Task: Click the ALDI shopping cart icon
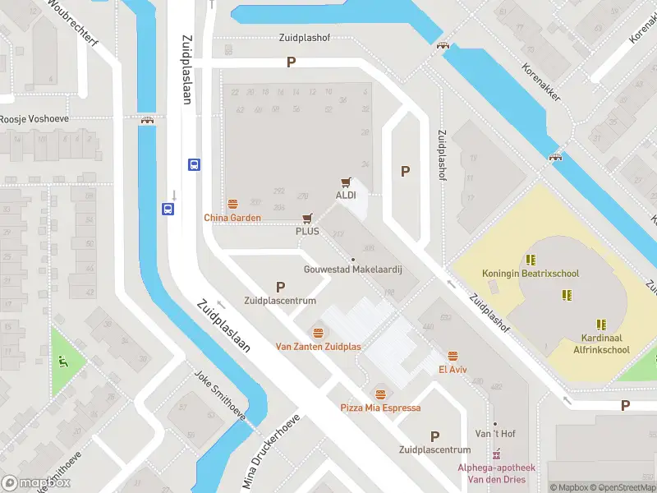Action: pyautogui.click(x=346, y=182)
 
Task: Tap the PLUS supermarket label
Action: pyautogui.click(x=307, y=231)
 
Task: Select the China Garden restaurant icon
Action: pyautogui.click(x=232, y=205)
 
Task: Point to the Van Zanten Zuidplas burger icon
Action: pyautogui.click(x=318, y=333)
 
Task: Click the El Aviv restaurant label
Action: pyautogui.click(x=452, y=369)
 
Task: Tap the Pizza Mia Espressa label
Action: pyautogui.click(x=380, y=408)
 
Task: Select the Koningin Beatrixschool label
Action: pyautogui.click(x=542, y=272)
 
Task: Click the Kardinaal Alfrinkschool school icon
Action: pyautogui.click(x=601, y=324)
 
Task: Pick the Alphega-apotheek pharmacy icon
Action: pyautogui.click(x=496, y=454)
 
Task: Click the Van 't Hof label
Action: pyautogui.click(x=495, y=433)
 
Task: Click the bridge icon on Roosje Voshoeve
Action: pyautogui.click(x=149, y=120)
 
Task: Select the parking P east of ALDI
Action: pyautogui.click(x=404, y=171)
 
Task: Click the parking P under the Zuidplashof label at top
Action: pyautogui.click(x=290, y=62)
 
